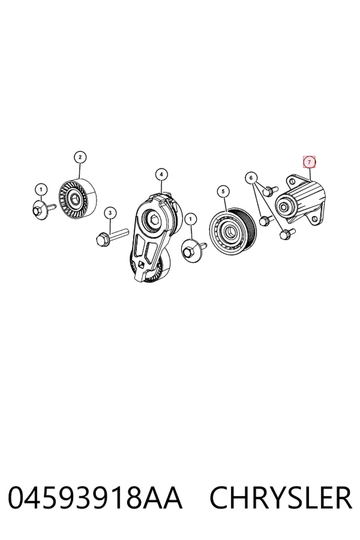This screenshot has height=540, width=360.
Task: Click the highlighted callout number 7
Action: tap(309, 162)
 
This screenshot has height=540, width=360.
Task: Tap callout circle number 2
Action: tap(80, 157)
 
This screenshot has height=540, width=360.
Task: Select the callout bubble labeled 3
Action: tap(110, 213)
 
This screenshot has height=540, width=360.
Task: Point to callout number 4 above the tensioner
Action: tap(161, 175)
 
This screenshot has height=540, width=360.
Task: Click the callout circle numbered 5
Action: tap(223, 191)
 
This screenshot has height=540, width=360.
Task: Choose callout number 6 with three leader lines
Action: tap(251, 178)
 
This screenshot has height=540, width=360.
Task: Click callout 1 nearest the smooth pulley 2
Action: tap(41, 190)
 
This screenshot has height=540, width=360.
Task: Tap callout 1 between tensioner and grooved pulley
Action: tap(191, 218)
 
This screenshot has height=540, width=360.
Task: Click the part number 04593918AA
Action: tap(94, 498)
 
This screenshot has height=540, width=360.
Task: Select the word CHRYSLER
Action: tap(281, 498)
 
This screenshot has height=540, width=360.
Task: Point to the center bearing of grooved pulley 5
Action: tap(227, 230)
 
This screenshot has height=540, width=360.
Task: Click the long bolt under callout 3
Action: tap(112, 236)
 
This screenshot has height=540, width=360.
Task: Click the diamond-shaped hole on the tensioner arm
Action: tap(141, 264)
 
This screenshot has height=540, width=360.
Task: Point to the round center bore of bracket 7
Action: tap(284, 207)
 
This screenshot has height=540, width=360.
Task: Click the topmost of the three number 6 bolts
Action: tap(271, 190)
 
